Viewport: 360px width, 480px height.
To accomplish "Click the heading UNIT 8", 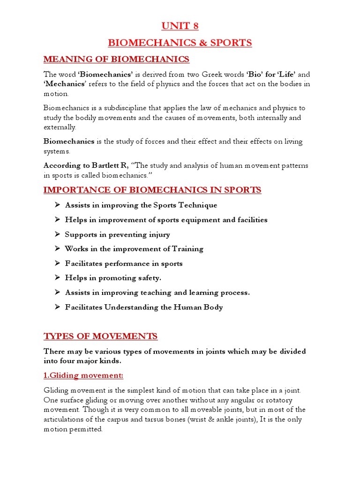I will coord(180,25).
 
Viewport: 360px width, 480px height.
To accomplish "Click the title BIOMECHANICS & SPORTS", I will coord(180,43).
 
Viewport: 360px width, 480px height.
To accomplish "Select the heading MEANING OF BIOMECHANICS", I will coord(116,59).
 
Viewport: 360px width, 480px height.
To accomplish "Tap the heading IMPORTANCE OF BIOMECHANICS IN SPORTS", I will coord(152,190).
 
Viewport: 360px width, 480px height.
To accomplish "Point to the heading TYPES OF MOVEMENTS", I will coord(101,336).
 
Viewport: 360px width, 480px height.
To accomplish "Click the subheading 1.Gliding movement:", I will coord(83,375).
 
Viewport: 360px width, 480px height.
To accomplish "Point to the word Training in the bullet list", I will coord(187,249).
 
